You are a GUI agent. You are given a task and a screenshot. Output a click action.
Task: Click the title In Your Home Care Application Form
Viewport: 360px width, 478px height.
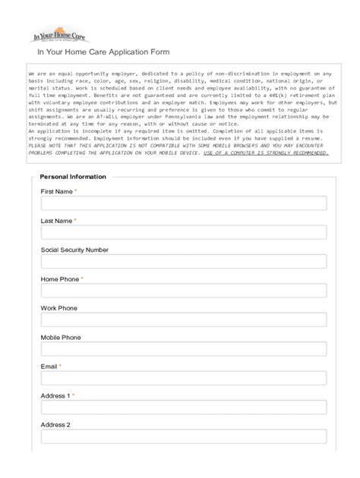(98, 52)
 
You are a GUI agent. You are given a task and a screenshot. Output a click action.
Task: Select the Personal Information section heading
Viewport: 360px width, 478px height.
(73, 177)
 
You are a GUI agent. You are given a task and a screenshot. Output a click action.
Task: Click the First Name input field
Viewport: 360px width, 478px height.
(183, 203)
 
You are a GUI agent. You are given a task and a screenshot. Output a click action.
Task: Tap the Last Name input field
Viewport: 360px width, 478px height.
(183, 232)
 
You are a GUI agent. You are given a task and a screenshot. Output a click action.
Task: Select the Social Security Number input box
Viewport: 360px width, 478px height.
(183, 261)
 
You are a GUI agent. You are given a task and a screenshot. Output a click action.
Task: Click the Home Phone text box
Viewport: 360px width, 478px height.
(183, 291)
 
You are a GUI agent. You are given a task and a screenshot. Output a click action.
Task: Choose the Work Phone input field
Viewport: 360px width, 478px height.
(183, 319)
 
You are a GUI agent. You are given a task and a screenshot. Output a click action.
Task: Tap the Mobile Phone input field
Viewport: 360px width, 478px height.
(183, 349)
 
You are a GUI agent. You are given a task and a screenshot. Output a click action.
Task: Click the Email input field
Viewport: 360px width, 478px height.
(183, 378)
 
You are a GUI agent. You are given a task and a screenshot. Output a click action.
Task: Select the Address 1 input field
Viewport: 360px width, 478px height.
(183, 407)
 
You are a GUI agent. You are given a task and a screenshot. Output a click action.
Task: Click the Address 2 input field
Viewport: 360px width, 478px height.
(183, 436)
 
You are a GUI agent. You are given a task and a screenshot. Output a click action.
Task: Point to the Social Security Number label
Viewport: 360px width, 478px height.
(74, 250)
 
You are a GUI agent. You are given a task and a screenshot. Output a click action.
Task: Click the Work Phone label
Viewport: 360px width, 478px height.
(58, 308)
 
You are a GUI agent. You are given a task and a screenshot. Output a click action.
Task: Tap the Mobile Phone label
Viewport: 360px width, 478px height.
(61, 337)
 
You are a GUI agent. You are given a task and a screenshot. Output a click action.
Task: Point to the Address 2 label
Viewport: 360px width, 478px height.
(55, 425)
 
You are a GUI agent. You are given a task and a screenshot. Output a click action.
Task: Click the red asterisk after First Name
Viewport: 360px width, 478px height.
(76, 191)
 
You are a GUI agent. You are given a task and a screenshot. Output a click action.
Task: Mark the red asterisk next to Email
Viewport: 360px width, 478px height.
(60, 366)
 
